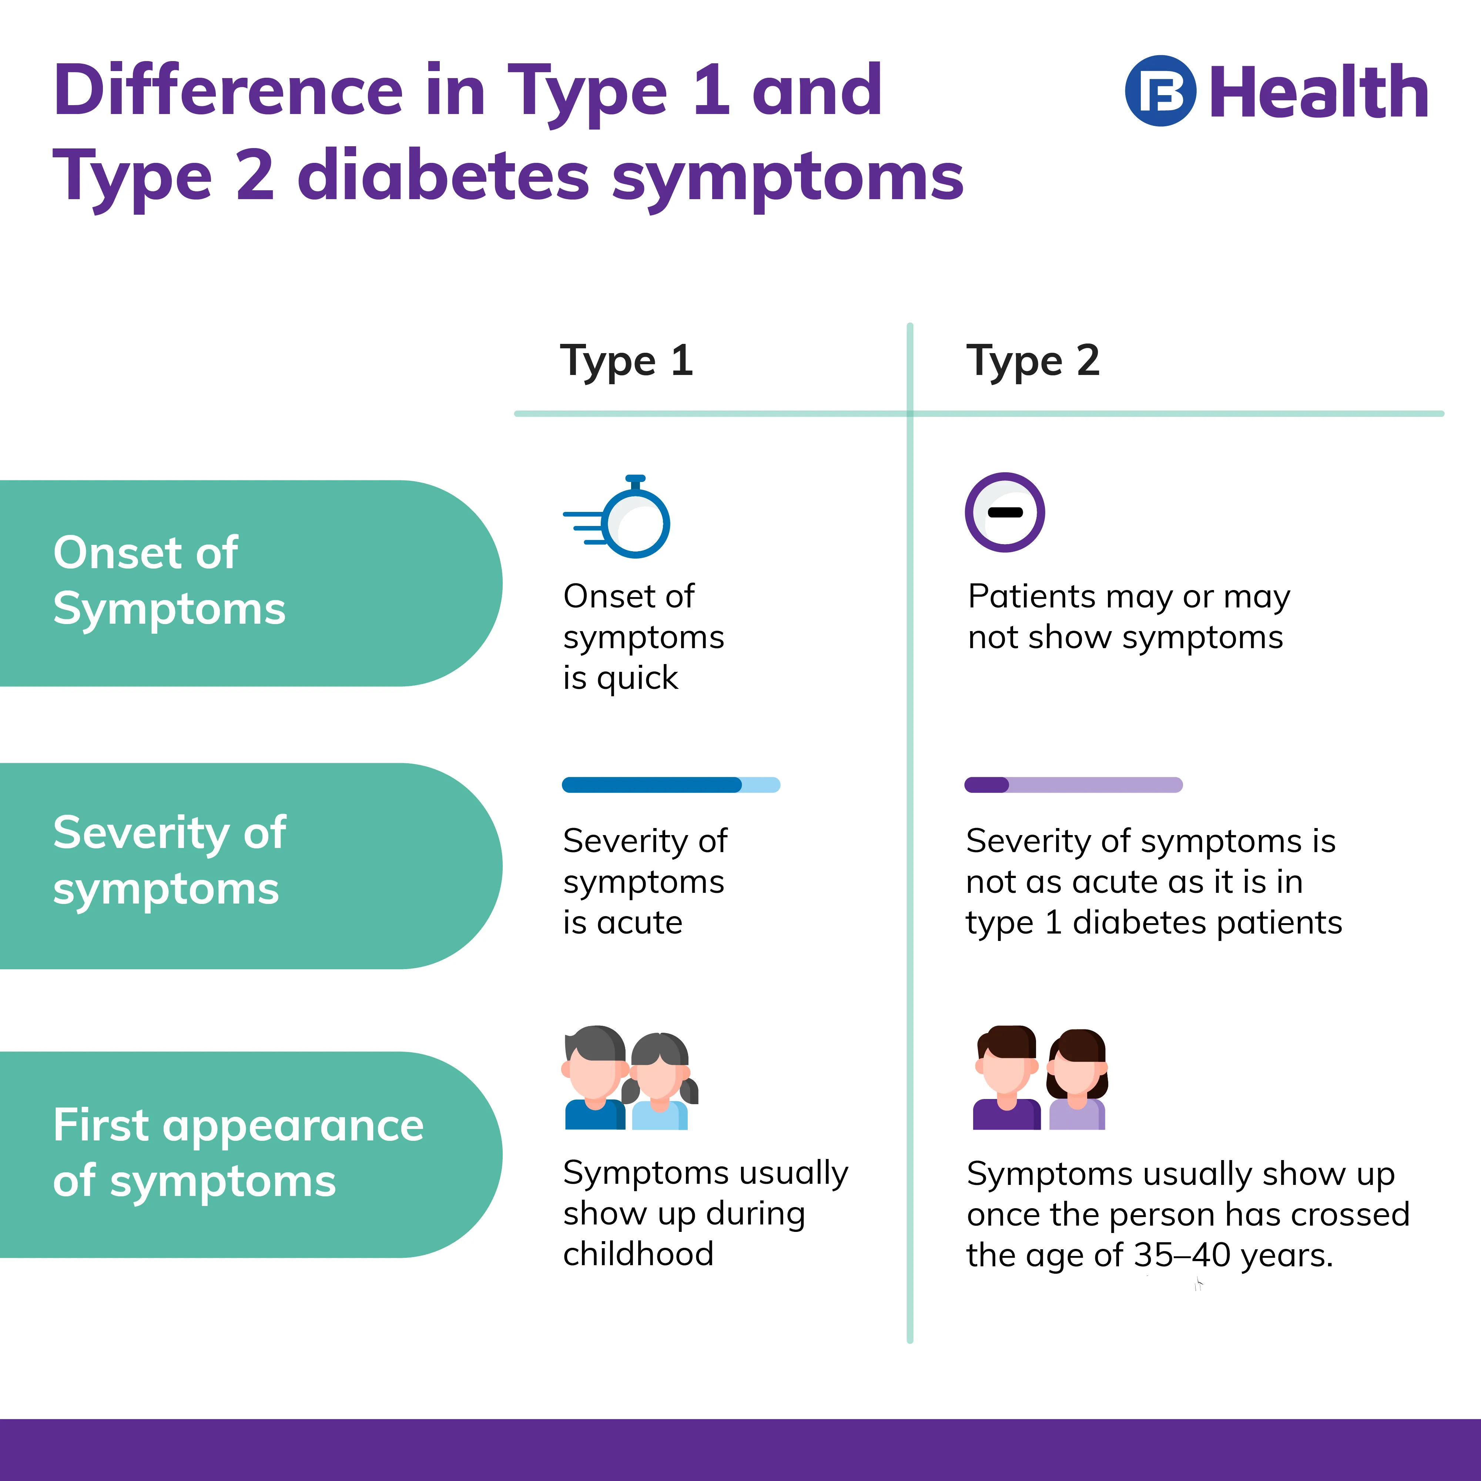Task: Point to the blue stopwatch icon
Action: coord(617,516)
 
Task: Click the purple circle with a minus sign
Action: coord(1004,512)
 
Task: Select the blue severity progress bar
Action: coord(671,784)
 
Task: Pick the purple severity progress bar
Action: coord(1073,784)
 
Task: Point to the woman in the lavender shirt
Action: coord(1076,1079)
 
